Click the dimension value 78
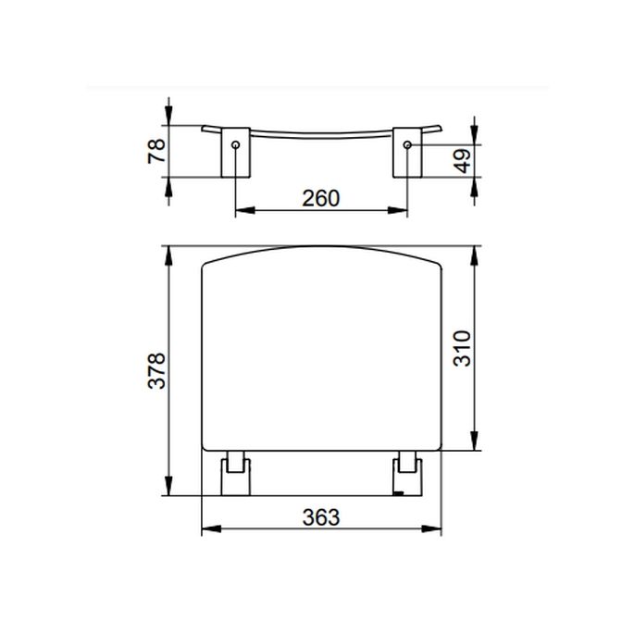coord(156,149)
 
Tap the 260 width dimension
coord(321,197)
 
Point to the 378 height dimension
coord(156,371)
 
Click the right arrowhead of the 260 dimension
coord(401,211)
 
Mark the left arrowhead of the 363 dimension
coord(207,530)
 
